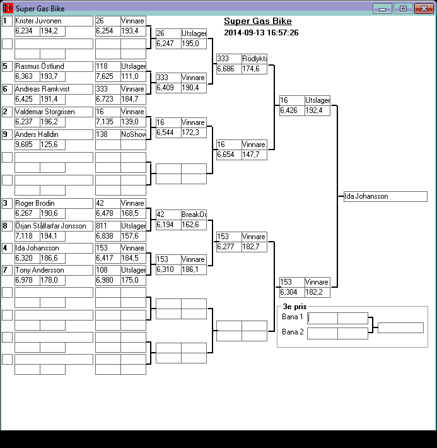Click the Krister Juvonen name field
click(x=54, y=21)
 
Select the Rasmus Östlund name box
click(x=54, y=66)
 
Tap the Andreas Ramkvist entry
click(x=54, y=89)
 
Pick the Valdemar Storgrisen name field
click(x=54, y=112)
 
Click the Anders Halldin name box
click(x=54, y=134)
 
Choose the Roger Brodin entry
click(x=54, y=203)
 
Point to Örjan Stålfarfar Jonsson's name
click(x=54, y=226)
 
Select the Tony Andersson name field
click(x=54, y=270)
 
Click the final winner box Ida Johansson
click(x=385, y=196)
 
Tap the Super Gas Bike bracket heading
click(x=257, y=21)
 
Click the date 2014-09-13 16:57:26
click(x=261, y=32)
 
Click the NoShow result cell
click(x=133, y=134)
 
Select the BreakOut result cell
click(x=194, y=215)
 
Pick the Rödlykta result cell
click(x=254, y=59)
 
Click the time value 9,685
click(x=27, y=144)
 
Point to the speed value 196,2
click(x=52, y=122)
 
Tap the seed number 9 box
click(x=7, y=134)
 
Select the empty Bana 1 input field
click(x=322, y=318)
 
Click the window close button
click(x=420, y=8)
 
